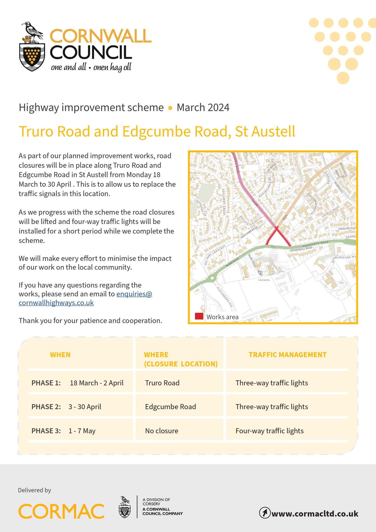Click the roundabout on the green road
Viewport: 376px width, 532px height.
[212, 278]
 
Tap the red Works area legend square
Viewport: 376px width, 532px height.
[199, 316]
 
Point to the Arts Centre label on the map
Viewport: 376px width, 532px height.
[264, 280]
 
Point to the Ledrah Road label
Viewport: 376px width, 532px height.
[331, 212]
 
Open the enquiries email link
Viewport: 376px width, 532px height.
[134, 294]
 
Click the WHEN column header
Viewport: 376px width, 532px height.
[60, 355]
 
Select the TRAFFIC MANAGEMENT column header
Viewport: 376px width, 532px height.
[287, 355]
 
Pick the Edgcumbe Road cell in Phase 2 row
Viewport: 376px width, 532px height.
[170, 407]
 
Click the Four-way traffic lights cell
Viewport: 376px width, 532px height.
[269, 431]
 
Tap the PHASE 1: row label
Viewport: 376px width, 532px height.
[46, 383]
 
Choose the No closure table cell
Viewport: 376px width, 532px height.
[162, 431]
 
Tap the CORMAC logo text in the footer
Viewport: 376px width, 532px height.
[61, 511]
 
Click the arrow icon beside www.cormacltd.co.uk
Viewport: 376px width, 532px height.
[265, 513]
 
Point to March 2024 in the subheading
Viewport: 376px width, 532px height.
[203, 108]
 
